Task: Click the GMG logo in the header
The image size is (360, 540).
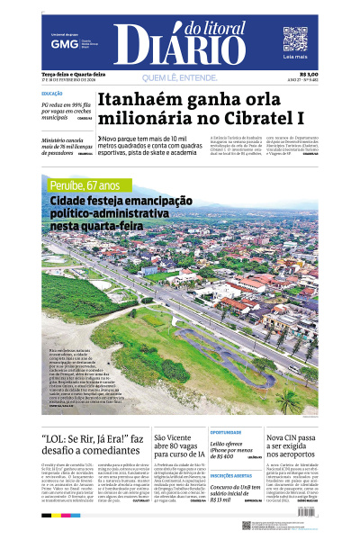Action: [x=63, y=43]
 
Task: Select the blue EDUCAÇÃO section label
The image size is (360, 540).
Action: [x=52, y=94]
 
